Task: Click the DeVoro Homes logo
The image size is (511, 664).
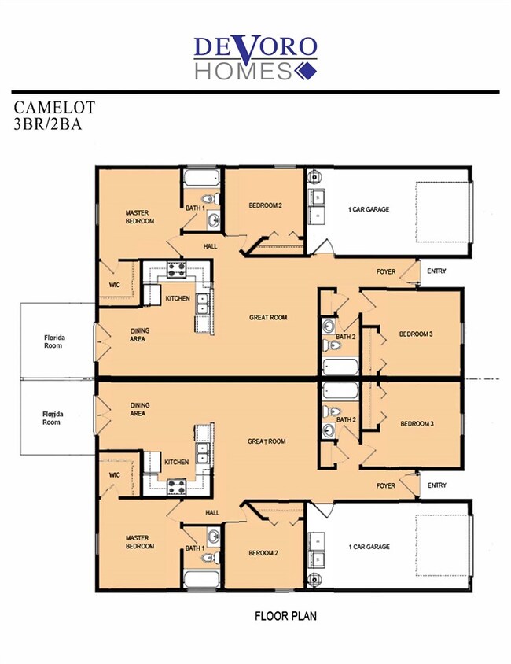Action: (256, 58)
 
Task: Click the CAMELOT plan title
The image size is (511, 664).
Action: (54, 108)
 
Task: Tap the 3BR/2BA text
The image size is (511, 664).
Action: (48, 124)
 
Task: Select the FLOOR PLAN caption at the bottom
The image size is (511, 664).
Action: (285, 616)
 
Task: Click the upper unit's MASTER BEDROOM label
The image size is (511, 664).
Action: (140, 217)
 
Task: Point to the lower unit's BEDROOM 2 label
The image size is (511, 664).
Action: (263, 553)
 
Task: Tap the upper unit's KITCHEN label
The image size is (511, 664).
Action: (178, 298)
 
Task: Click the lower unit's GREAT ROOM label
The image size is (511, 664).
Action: (267, 441)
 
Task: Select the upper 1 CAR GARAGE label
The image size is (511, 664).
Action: (369, 209)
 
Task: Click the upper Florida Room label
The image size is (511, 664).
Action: (54, 341)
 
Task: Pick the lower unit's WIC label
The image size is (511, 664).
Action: (114, 475)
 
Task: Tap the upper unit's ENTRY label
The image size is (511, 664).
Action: (436, 271)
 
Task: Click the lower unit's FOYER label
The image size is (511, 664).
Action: (386, 485)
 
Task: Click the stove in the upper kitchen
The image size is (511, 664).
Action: (176, 270)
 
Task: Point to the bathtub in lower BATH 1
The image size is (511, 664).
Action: (202, 579)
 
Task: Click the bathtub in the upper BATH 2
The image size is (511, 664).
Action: (340, 367)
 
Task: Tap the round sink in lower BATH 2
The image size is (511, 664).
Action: (329, 431)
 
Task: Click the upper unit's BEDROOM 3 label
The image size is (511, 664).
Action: (416, 334)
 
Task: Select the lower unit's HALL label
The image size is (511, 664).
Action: (212, 512)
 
